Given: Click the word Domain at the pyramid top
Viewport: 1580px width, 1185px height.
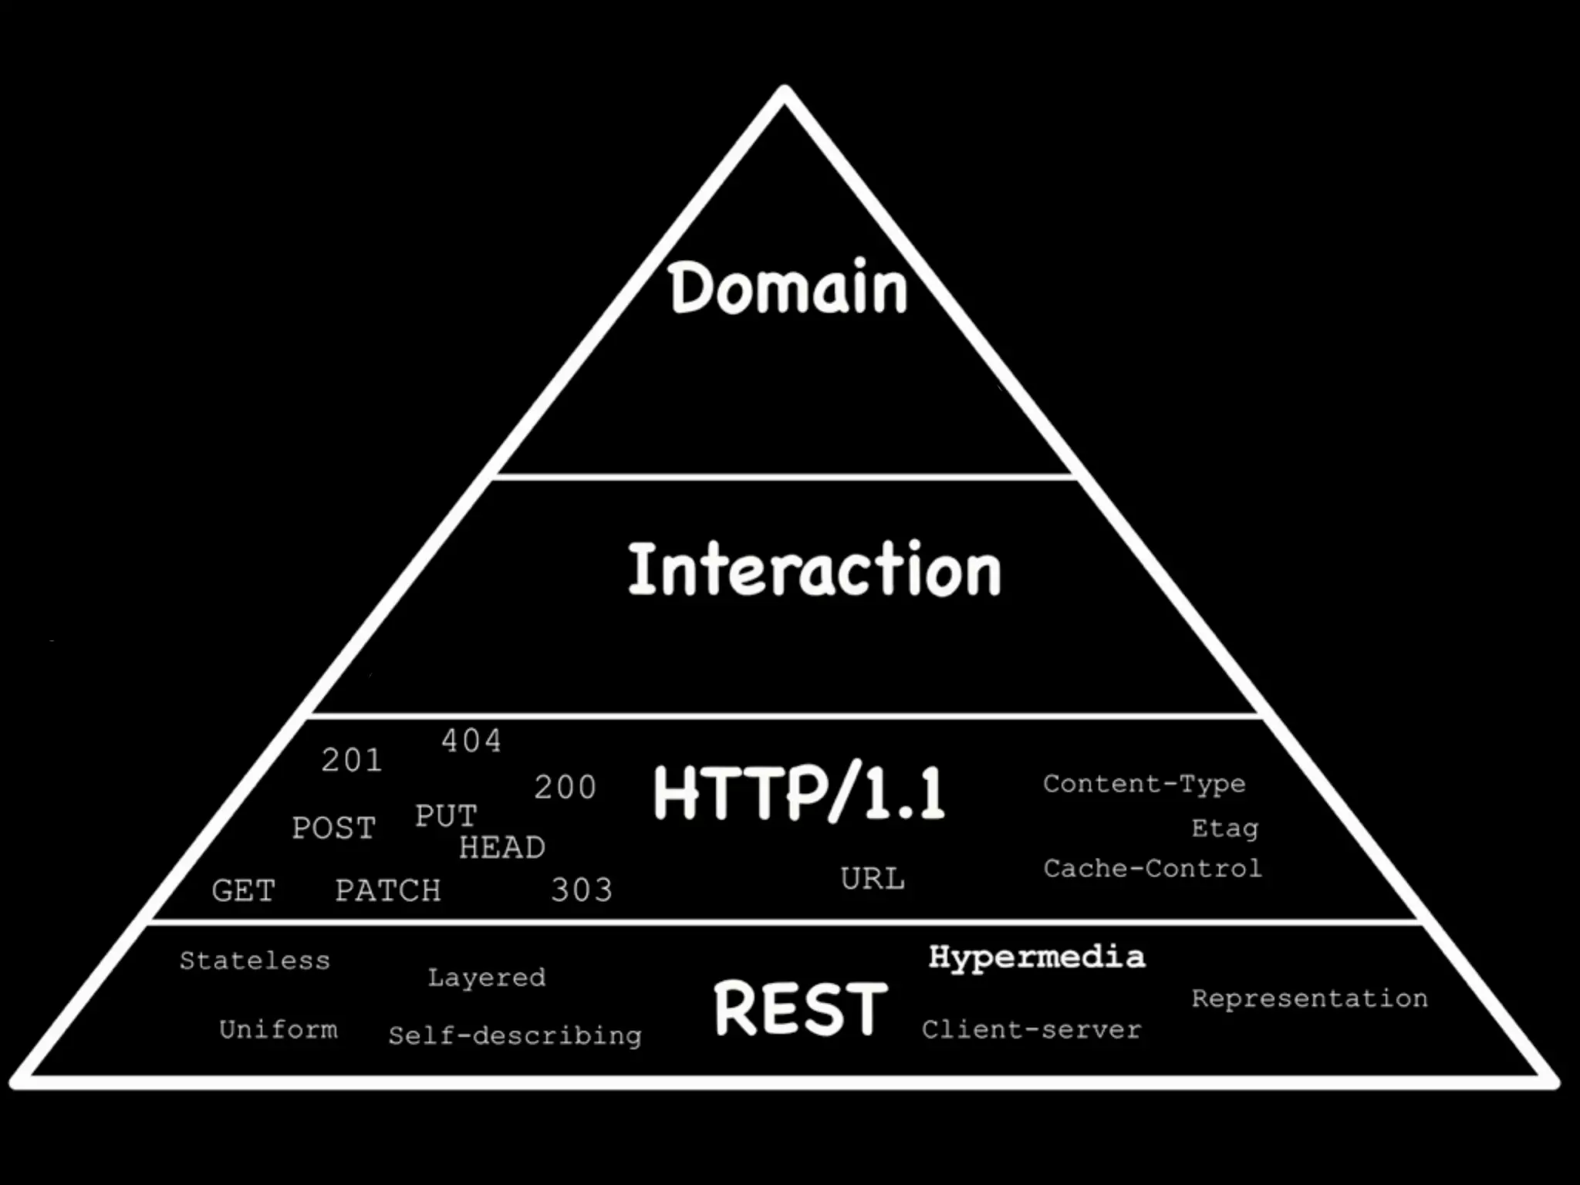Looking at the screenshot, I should point(788,288).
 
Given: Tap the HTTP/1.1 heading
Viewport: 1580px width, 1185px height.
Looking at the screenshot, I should point(799,793).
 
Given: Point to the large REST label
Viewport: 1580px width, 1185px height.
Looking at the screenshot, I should point(801,1008).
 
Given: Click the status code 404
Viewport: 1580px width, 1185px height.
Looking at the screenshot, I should point(471,741).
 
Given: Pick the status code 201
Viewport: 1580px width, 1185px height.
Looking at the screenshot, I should point(352,761).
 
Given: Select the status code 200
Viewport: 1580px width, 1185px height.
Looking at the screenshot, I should point(565,788).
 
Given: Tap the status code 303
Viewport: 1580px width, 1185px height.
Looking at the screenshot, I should point(582,890).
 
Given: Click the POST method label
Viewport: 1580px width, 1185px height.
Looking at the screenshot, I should point(333,829).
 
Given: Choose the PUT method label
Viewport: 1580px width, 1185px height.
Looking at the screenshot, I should point(446,816).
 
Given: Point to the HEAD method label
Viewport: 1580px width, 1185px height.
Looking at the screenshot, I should point(502,848).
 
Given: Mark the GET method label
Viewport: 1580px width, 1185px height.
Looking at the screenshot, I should point(244,891).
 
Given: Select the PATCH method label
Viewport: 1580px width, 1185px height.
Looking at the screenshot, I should point(388,891).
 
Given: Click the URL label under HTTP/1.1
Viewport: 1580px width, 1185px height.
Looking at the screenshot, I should point(873,879).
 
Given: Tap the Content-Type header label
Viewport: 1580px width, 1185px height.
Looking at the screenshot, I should point(1144,784).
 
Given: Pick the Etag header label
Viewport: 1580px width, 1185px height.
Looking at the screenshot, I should point(1224,829).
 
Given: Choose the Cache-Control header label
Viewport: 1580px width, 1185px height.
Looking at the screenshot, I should point(1153,869).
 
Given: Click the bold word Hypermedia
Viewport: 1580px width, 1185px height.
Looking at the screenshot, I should point(1037,957).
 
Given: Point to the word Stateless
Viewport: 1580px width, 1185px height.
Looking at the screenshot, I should point(255,960).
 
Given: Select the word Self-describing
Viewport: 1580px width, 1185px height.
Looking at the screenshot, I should point(515,1035).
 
